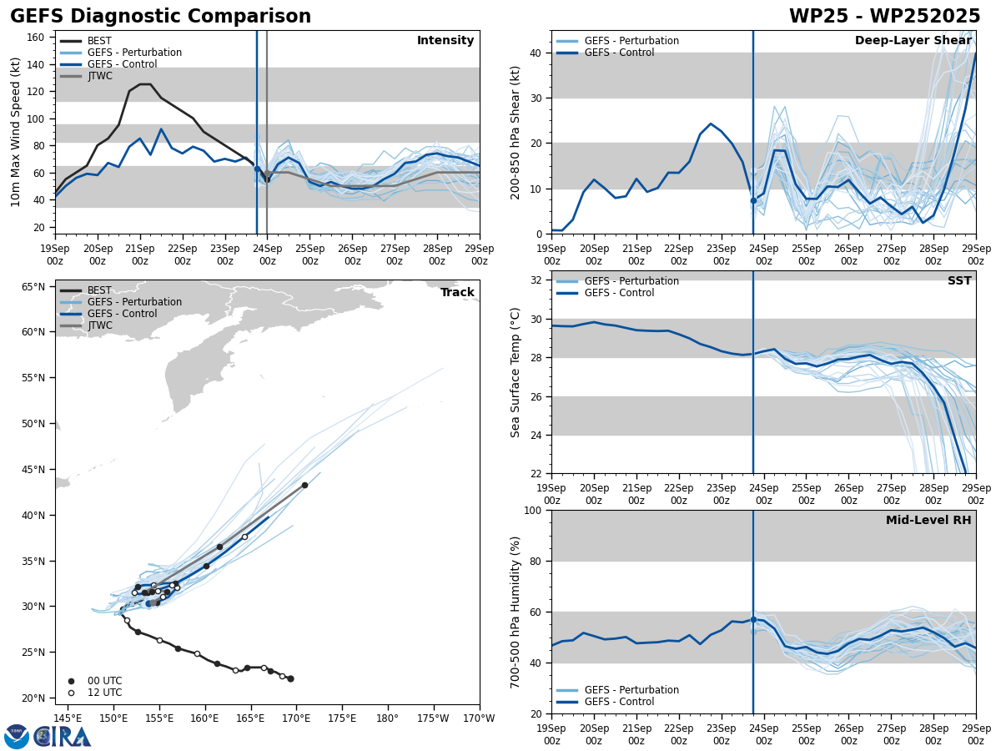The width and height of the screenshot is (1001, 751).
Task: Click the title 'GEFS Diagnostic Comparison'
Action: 160,17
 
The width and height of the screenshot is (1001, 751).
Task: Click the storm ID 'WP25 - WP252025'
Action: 884,17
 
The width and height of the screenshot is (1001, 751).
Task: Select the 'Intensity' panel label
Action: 445,41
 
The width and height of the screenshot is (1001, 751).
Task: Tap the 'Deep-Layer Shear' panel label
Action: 913,41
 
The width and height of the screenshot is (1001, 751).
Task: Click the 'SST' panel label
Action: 959,281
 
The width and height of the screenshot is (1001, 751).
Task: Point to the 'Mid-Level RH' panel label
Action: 928,521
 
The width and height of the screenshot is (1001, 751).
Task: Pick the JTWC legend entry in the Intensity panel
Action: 101,76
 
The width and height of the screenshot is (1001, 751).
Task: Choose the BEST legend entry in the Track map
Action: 99,290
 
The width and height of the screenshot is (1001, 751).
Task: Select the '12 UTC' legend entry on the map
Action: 104,693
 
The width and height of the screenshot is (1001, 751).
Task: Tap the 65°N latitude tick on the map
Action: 33,287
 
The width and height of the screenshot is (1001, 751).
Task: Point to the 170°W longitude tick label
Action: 479,718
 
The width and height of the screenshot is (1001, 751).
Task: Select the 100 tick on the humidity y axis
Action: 532,510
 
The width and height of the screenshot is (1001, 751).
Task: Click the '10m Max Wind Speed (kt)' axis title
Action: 16,132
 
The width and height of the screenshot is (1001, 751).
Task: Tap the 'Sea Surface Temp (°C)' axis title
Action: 516,372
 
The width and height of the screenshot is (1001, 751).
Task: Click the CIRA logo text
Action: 62,737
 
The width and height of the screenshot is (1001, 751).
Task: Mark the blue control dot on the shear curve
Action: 753,200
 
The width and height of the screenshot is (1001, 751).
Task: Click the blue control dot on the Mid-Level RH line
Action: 753,619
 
